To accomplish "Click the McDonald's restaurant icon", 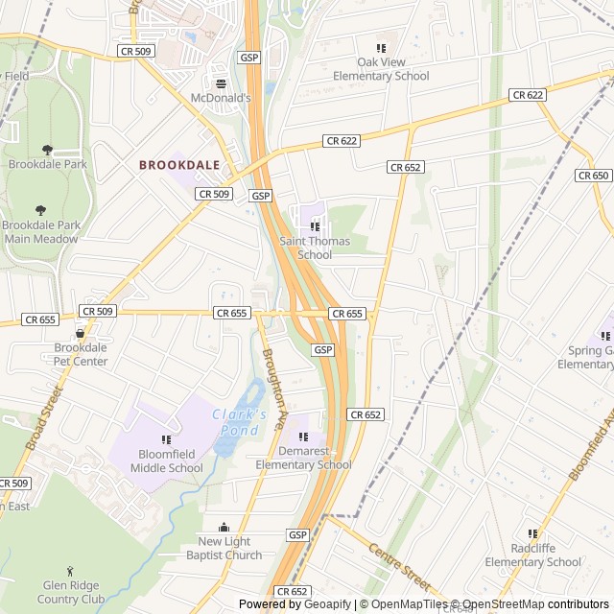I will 221,83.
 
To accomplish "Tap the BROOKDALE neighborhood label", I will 179,165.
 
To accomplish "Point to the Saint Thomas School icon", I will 315,226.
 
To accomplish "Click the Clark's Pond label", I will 240,423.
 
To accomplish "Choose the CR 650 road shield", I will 594,176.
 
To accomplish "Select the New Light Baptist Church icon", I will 224,527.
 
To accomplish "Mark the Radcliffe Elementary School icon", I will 532,534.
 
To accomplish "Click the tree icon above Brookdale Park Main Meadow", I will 40,210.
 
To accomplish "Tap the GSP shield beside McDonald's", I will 249,58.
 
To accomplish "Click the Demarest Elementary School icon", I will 303,437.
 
